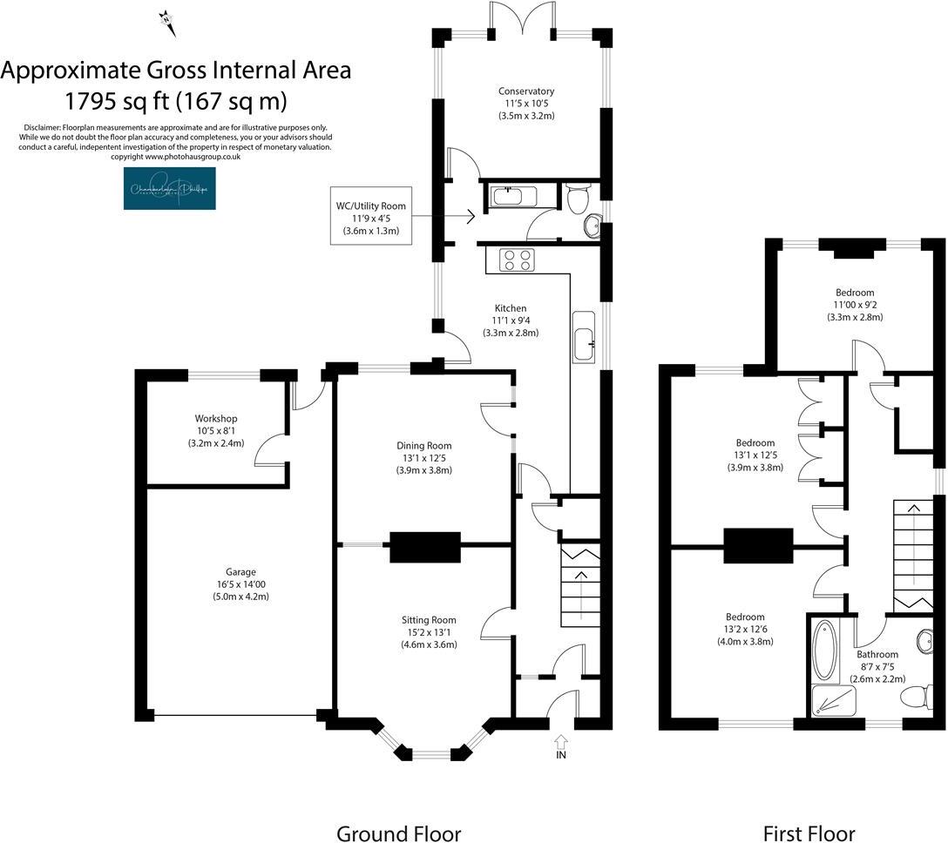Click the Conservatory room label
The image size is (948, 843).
point(526,91)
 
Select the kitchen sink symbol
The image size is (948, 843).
point(583,335)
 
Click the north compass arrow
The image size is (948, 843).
point(167,22)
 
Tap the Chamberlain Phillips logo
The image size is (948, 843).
point(169,189)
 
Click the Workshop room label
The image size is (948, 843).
point(216,419)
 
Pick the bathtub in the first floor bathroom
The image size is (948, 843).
point(824,650)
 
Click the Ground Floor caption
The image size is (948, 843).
point(398,833)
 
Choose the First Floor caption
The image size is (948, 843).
point(809,833)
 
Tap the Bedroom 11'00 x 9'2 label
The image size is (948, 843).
point(854,293)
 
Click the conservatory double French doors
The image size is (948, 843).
point(522,19)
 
